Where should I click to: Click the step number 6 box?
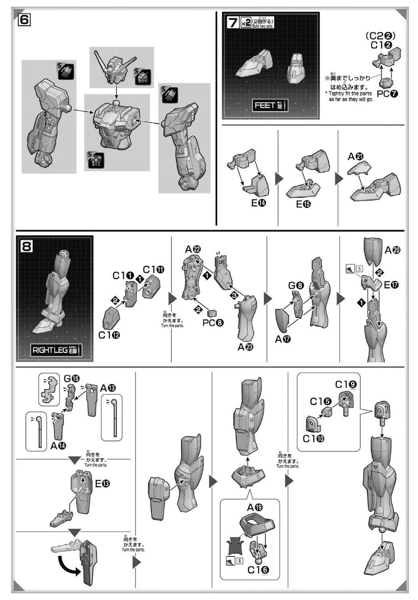tap(24, 19)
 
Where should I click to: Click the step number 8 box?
tap(26, 246)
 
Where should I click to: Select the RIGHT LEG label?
tap(56, 350)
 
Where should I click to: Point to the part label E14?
tap(258, 203)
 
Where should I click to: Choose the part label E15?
tap(303, 204)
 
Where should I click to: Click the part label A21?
tap(355, 157)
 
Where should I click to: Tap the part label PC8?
tap(213, 323)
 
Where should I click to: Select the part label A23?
tap(245, 347)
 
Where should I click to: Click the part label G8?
tap(296, 286)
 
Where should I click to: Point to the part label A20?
tap(392, 250)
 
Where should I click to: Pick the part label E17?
tap(391, 285)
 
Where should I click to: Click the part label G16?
tap(72, 378)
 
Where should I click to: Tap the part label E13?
tap(102, 484)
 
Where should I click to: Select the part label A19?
tap(255, 508)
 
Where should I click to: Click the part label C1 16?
tap(258, 570)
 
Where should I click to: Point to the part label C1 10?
tap(313, 439)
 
